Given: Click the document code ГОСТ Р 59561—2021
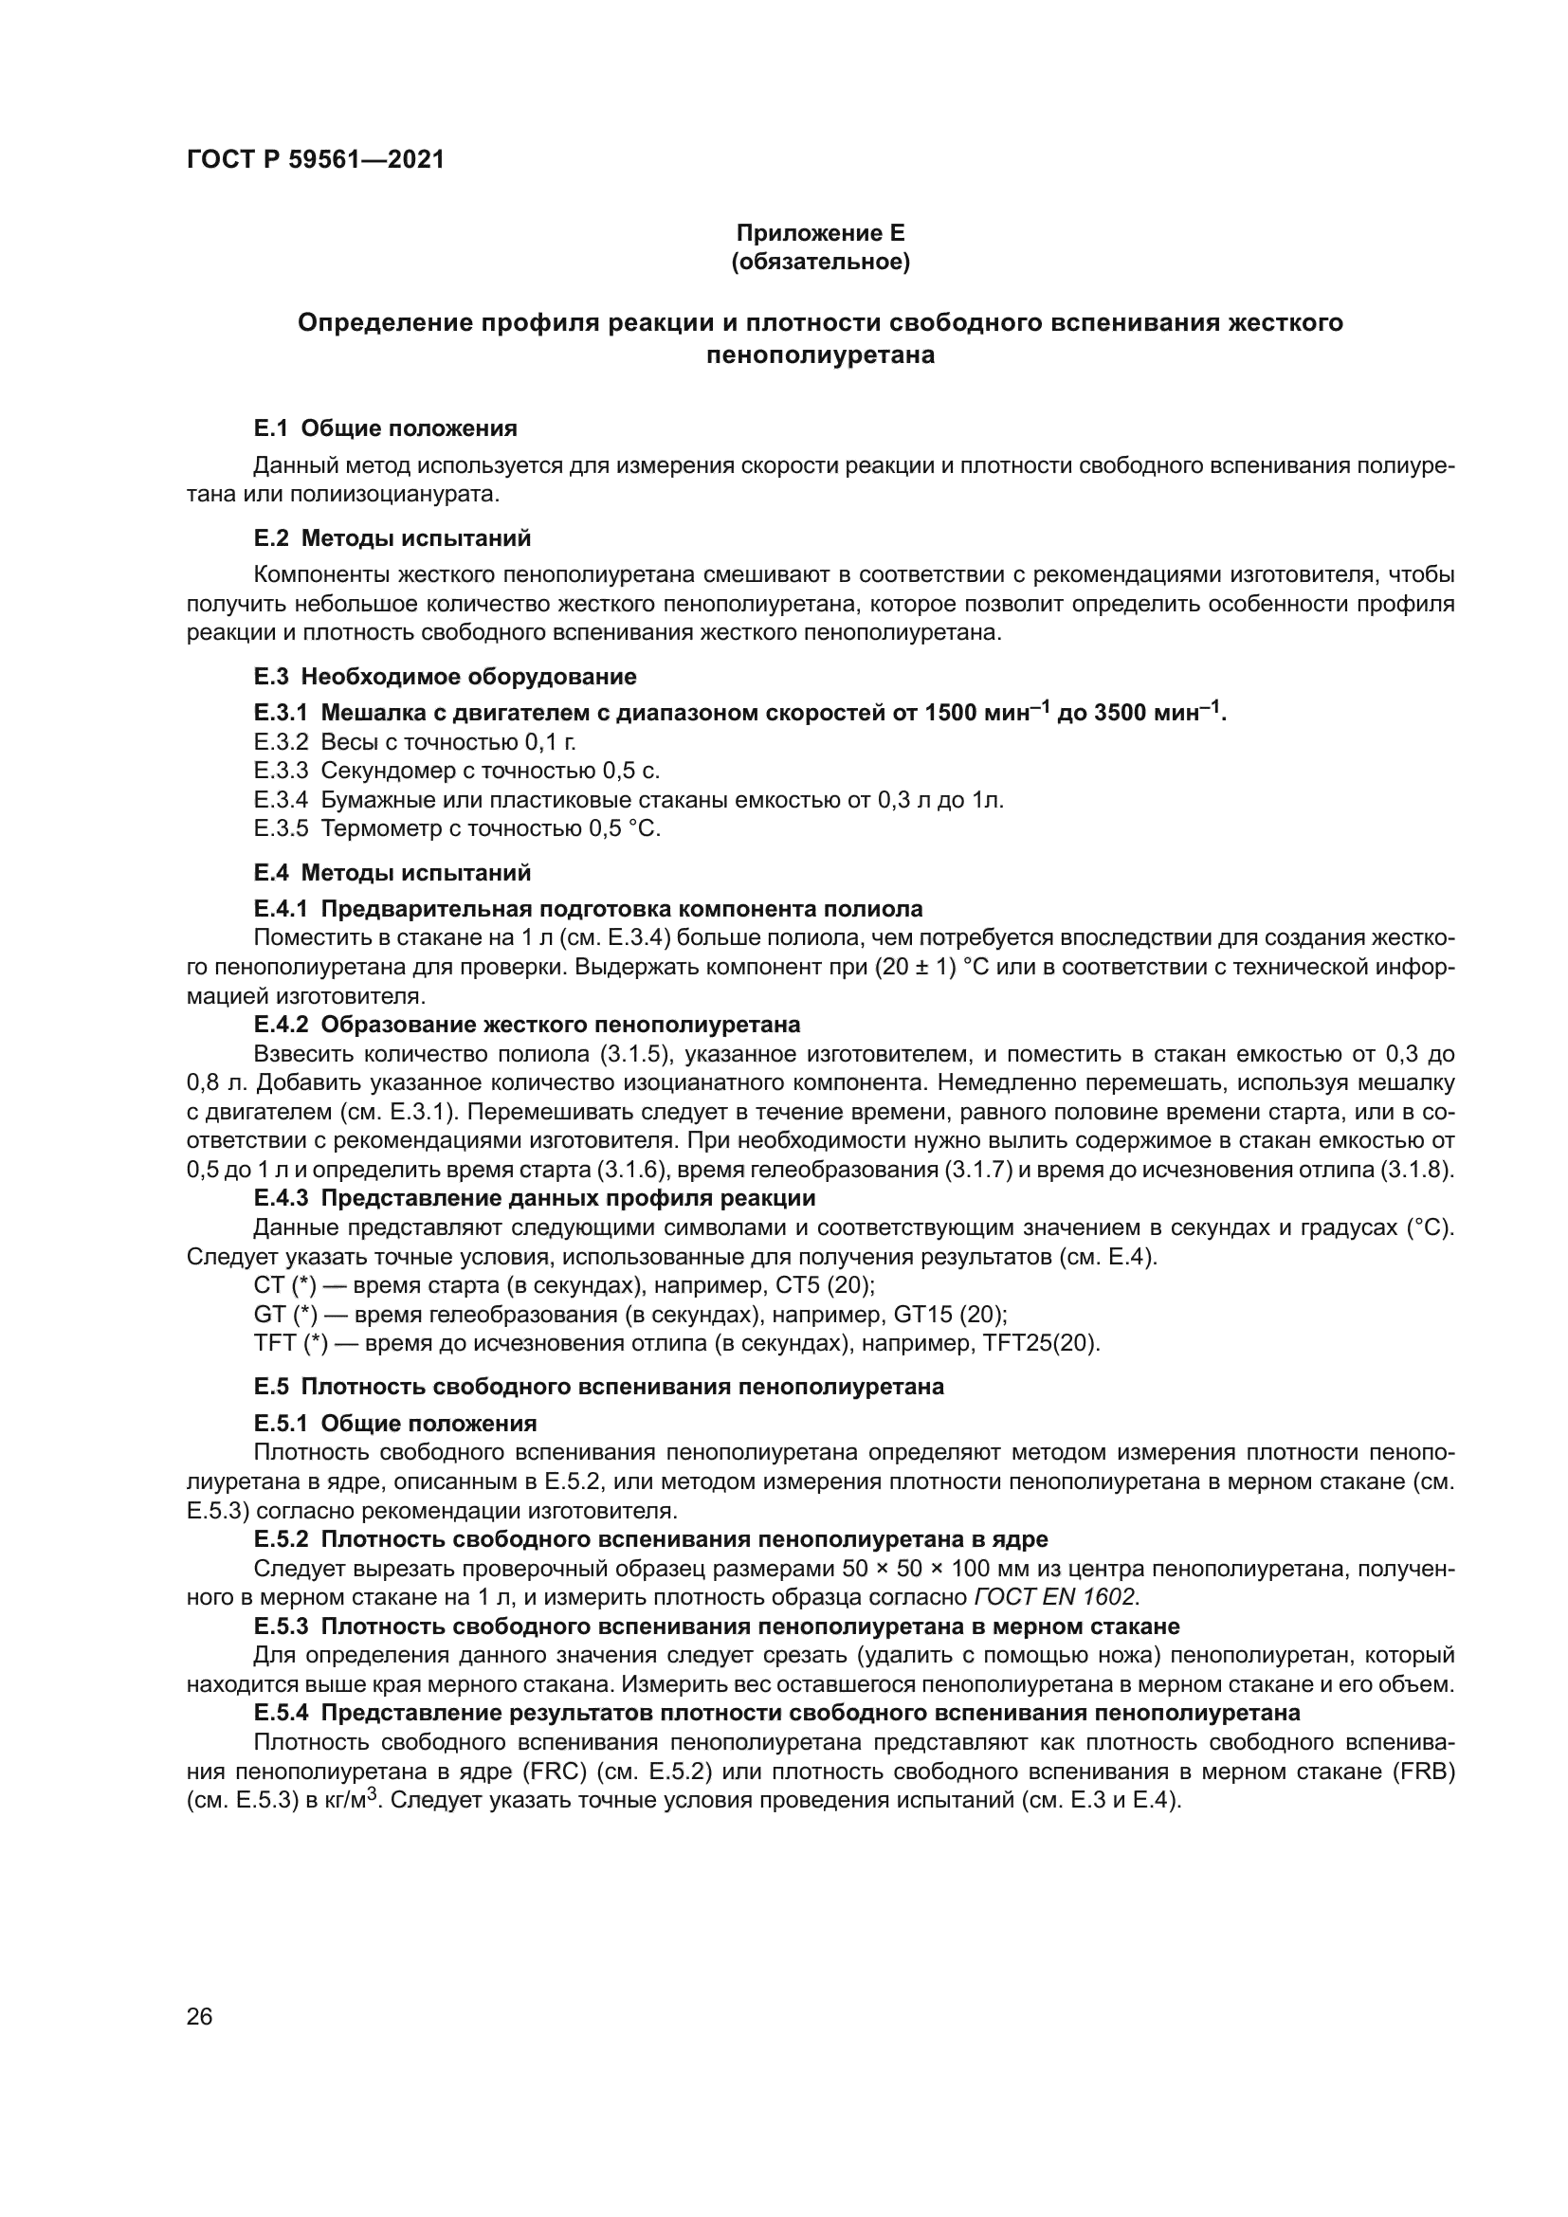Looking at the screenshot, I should [315, 160].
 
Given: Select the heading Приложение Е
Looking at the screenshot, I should [821, 233].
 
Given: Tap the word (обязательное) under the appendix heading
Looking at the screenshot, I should [821, 263].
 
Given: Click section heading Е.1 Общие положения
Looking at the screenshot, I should [385, 427].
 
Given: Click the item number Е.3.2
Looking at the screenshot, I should [281, 741].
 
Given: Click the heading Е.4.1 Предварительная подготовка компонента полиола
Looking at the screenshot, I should [588, 909].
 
